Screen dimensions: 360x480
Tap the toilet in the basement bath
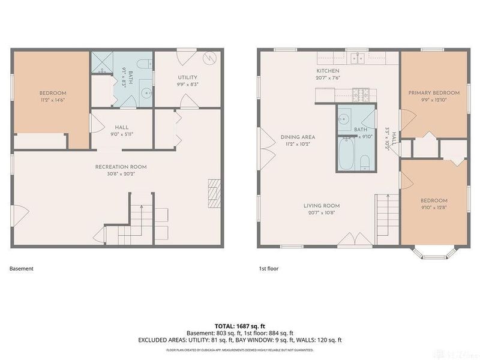click(x=143, y=64)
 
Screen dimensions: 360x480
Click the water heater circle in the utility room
click(x=210, y=58)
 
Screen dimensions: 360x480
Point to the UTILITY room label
click(x=188, y=77)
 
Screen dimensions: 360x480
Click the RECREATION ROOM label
click(x=121, y=167)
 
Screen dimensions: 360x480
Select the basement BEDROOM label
click(x=53, y=93)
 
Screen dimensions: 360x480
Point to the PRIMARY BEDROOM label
click(x=434, y=93)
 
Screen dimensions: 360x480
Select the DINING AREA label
click(x=298, y=137)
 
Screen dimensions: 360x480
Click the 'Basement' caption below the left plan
click(x=21, y=269)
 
